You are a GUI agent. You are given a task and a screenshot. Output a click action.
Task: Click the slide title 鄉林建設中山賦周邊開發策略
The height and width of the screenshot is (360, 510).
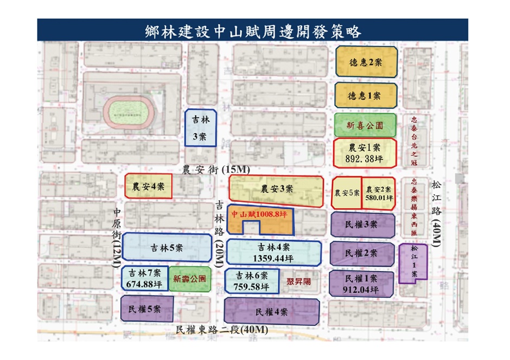253,30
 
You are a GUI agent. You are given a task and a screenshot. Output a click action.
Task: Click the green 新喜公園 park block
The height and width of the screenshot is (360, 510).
365,125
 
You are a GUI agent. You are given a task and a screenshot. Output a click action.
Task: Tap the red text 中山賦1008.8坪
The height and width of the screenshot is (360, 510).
259,215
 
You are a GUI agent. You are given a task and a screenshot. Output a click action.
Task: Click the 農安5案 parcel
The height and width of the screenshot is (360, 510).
346,192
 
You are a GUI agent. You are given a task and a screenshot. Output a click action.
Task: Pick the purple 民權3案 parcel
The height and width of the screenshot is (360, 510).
362,225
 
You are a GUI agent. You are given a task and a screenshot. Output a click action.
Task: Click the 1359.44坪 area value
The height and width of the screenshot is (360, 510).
275,258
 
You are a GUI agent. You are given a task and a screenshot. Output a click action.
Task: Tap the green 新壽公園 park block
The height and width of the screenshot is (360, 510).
189,279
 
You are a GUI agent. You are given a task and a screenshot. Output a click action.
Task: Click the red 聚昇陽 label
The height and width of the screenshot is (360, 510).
298,282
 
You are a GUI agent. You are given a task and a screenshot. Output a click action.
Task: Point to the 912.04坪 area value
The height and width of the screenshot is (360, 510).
361,289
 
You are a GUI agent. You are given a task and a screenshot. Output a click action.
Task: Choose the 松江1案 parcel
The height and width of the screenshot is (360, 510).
413,263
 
